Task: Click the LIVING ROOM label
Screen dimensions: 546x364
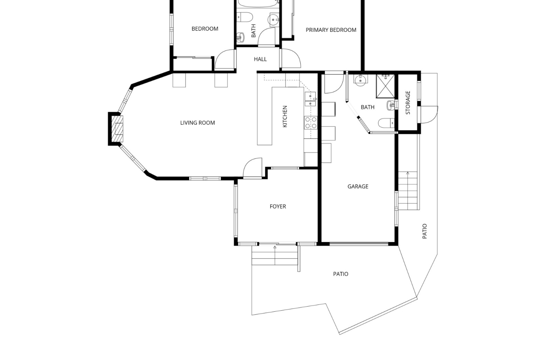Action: click(197, 123)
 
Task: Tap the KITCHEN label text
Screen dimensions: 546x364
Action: click(285, 117)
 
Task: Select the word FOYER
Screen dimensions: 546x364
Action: click(278, 206)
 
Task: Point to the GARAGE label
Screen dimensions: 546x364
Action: click(358, 187)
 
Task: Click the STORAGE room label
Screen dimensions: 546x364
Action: click(408, 103)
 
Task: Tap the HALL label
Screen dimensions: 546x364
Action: click(260, 59)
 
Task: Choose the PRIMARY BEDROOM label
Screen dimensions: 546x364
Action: click(331, 30)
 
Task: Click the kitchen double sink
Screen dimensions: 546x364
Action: click(310, 99)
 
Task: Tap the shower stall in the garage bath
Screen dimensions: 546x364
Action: click(385, 86)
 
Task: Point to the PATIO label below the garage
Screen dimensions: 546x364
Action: click(341, 274)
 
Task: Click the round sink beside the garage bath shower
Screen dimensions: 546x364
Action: click(361, 79)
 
